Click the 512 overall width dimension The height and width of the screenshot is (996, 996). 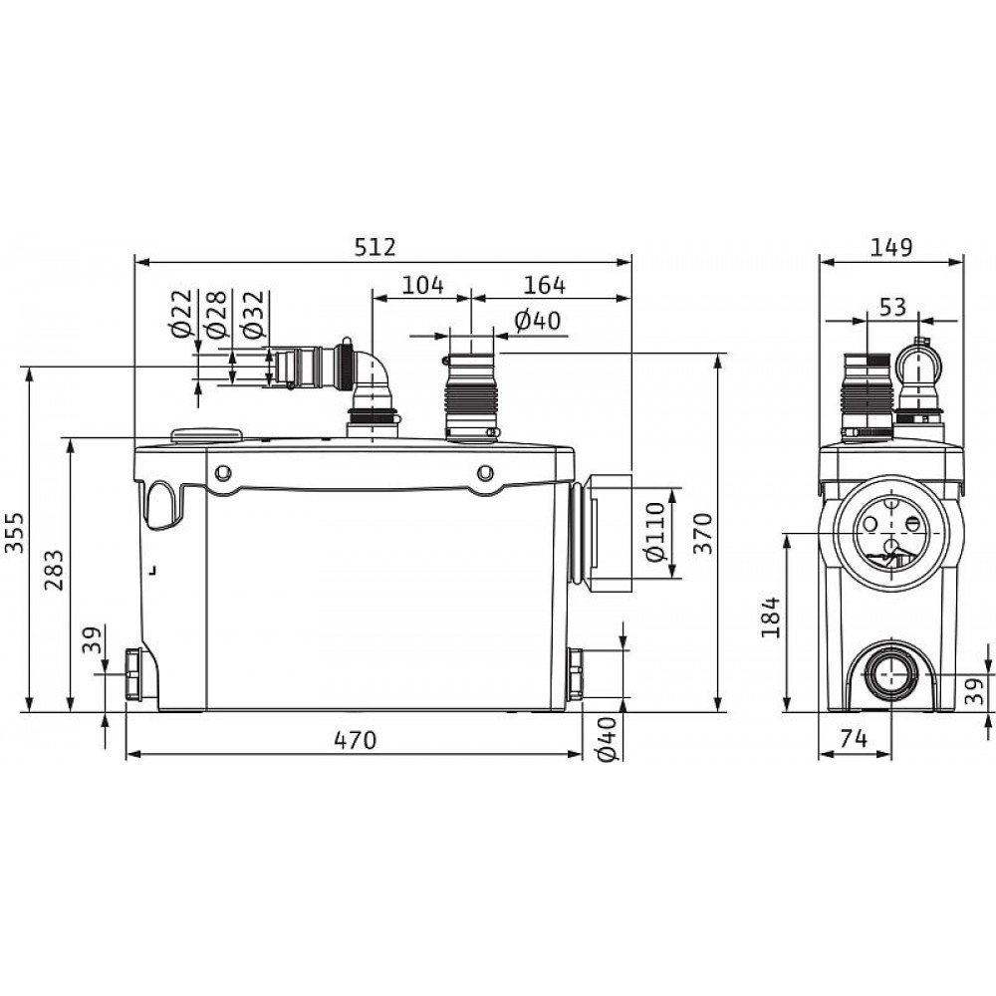click(374, 246)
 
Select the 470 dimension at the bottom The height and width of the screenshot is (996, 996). click(355, 740)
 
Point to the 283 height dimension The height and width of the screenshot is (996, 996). click(54, 570)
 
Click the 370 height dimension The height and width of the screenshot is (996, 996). click(703, 534)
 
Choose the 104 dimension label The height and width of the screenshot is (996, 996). click(423, 285)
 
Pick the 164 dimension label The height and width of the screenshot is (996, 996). click(544, 285)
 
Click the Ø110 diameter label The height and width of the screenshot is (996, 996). click(654, 532)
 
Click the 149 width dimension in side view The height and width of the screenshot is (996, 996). click(891, 246)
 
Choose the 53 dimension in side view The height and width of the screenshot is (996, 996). click(892, 307)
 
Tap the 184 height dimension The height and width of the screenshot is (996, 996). click(770, 618)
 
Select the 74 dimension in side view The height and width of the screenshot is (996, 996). click(854, 739)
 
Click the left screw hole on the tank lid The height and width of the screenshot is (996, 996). click(223, 472)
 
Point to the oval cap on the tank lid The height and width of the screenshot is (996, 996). click(206, 435)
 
